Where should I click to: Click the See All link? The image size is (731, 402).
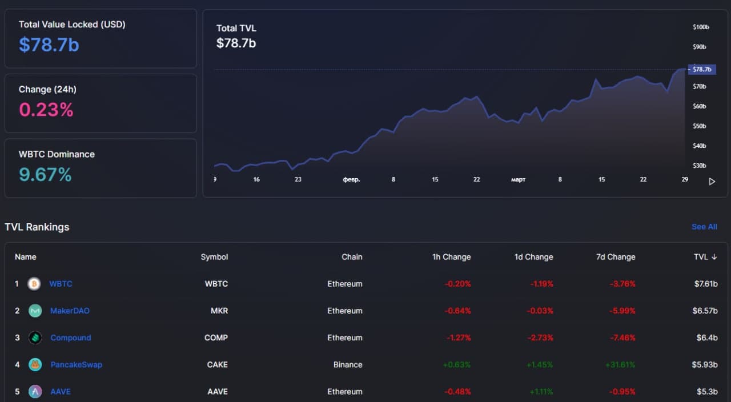(x=704, y=227)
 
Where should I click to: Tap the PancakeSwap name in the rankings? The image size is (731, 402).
(x=76, y=364)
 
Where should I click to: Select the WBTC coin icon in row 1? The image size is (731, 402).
(x=34, y=284)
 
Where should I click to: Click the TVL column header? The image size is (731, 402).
(x=705, y=257)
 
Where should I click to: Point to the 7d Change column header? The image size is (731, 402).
(x=616, y=257)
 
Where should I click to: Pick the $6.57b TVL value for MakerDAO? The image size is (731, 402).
(x=705, y=311)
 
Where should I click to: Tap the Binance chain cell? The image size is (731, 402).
(x=348, y=364)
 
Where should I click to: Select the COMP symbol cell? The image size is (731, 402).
(x=216, y=337)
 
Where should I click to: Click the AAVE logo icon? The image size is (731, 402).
(x=35, y=392)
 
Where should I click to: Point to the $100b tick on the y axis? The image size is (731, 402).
(x=700, y=27)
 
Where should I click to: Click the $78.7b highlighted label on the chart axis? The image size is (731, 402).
(x=701, y=70)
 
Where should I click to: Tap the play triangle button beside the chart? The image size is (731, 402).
(x=712, y=182)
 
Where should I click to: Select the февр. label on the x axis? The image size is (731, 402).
(x=351, y=179)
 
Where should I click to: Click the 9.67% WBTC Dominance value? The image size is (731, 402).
(x=45, y=174)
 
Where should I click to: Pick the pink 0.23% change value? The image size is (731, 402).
(x=46, y=109)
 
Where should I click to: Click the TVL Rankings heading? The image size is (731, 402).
(x=37, y=227)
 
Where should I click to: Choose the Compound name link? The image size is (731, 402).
(x=70, y=337)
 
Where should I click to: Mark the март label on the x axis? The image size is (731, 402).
(x=518, y=179)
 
